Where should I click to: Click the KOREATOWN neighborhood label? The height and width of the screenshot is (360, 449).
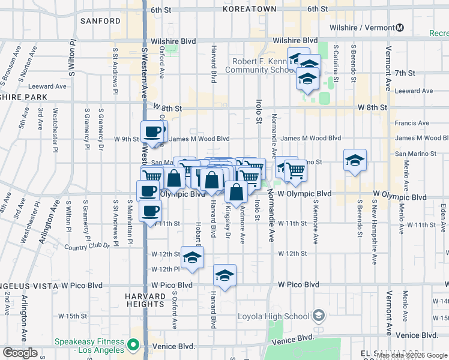pos(249,9)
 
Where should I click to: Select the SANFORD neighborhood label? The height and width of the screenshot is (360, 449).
pos(100,21)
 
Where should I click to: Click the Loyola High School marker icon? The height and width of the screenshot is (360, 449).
pos(319,316)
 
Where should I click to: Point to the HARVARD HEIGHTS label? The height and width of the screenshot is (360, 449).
pos(145,301)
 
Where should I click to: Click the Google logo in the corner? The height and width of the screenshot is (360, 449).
pos(20,353)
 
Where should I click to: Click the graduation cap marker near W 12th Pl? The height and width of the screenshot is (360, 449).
pos(191,257)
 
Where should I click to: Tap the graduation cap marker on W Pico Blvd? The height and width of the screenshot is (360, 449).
pos(224,275)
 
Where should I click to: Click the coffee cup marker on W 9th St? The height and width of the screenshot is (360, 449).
pos(152,131)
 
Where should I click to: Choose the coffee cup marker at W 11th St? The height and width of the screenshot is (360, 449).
pos(150,211)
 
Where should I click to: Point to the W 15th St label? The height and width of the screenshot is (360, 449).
pos(73,316)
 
